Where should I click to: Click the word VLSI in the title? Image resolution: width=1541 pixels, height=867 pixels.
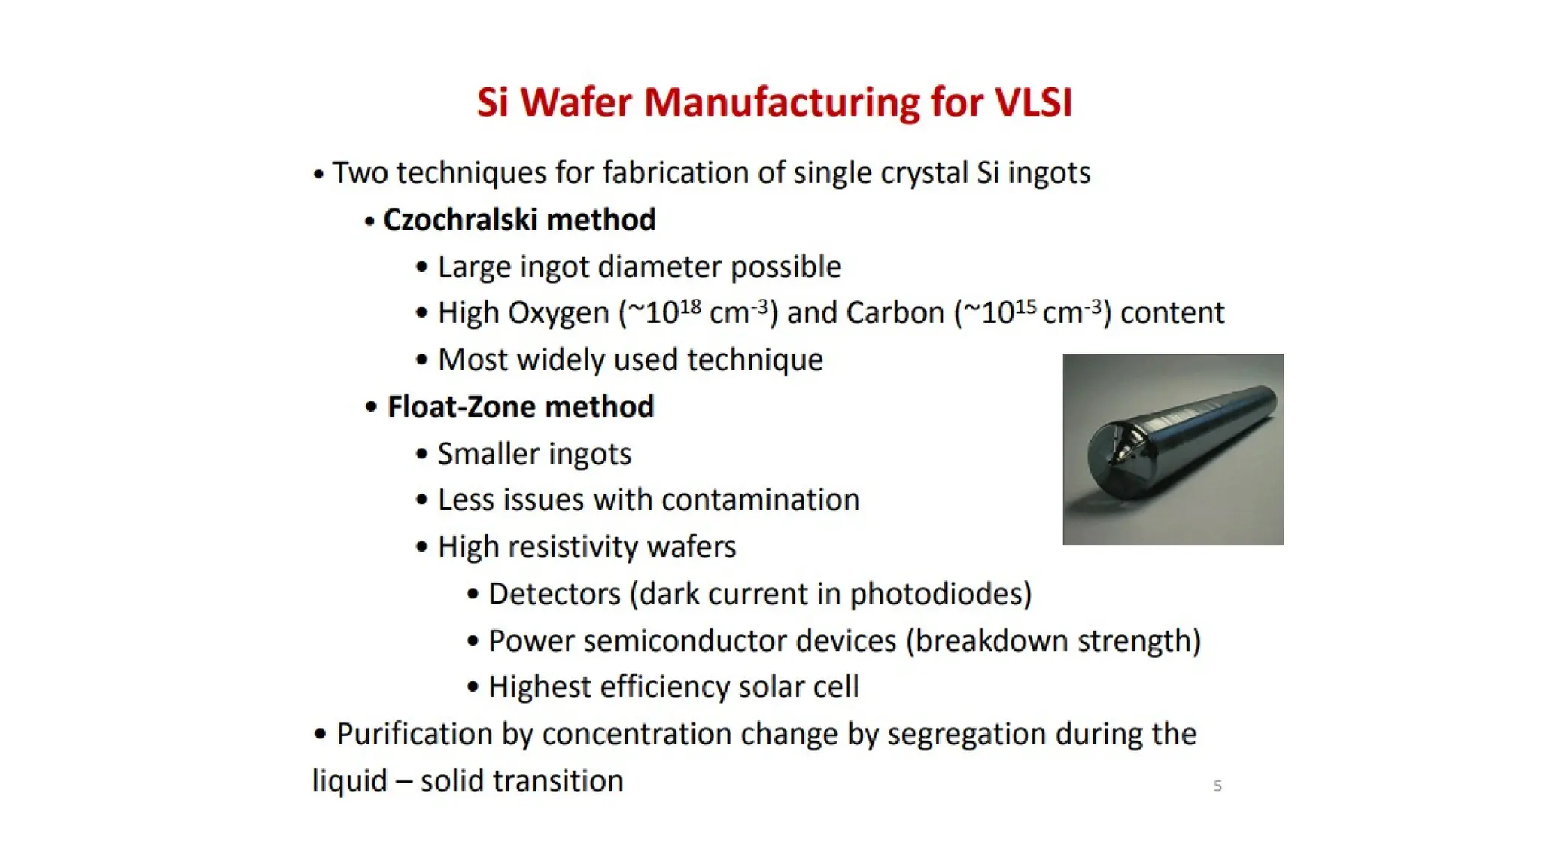[x=1033, y=102]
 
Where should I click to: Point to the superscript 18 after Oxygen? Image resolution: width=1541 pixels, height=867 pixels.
[x=690, y=306]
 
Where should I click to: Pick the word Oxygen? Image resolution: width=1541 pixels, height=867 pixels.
[x=558, y=313]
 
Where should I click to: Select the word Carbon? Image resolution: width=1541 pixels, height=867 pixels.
[x=895, y=313]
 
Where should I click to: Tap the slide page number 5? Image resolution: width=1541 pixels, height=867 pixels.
[x=1217, y=786]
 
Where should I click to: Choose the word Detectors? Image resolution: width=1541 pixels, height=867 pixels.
[x=555, y=595]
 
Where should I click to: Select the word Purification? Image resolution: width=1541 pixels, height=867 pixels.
[x=414, y=735]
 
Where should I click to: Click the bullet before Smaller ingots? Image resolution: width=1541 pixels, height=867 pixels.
[x=421, y=454]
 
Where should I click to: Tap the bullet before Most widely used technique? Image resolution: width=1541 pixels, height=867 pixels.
[x=421, y=360]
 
